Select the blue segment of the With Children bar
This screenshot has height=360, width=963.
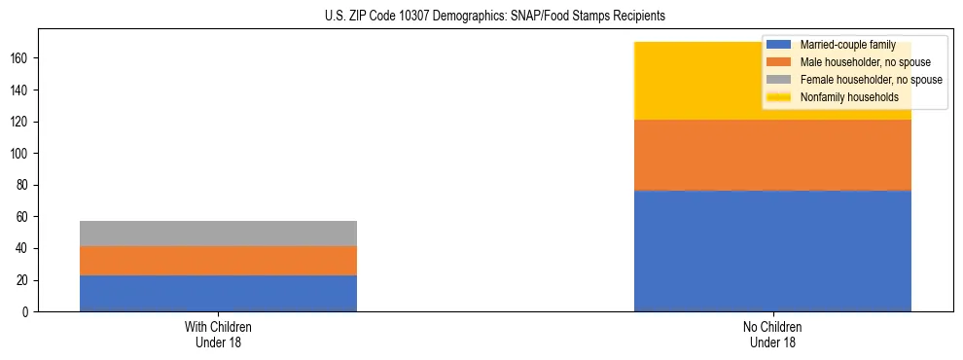pyautogui.click(x=218, y=293)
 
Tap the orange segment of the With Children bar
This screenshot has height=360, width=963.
pyautogui.click(x=218, y=261)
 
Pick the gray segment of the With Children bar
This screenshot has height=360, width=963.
pyautogui.click(x=218, y=234)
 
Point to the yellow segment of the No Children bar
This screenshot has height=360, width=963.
pyautogui.click(x=700, y=81)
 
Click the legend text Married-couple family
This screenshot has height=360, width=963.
pyautogui.click(x=848, y=45)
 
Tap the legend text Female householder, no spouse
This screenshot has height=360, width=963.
pyautogui.click(x=870, y=80)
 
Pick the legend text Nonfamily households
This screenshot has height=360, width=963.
pyautogui.click(x=848, y=97)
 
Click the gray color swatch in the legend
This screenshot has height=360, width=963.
pyautogui.click(x=778, y=80)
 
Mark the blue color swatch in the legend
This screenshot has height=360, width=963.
pyautogui.click(x=778, y=45)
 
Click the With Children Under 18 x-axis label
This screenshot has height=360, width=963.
pyautogui.click(x=218, y=335)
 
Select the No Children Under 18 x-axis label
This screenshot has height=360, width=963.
pyautogui.click(x=772, y=335)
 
